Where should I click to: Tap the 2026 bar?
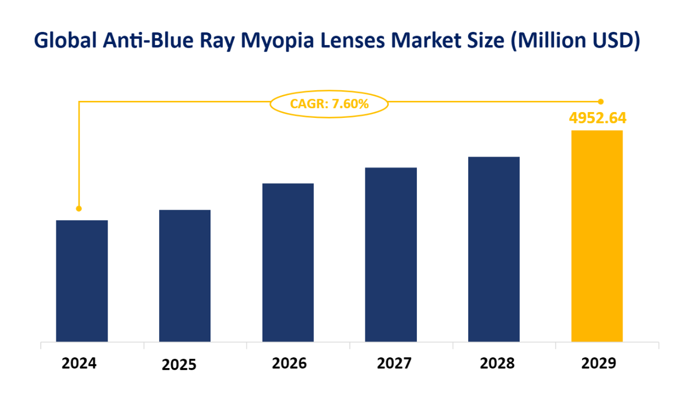coord(288,262)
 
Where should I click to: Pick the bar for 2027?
coord(391,254)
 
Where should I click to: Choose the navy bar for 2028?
coord(494,249)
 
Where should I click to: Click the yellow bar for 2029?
coord(597,236)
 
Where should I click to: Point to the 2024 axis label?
coord(80,363)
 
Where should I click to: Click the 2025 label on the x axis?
coord(179,364)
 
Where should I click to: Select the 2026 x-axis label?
coord(290,363)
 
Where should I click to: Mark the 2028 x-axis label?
coord(497,363)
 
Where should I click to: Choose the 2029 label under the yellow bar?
coord(599,363)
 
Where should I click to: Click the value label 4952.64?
coord(598,117)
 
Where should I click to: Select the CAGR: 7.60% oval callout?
coord(329,104)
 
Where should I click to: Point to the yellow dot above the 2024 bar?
coord(79,208)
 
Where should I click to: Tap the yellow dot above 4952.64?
coord(601,101)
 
